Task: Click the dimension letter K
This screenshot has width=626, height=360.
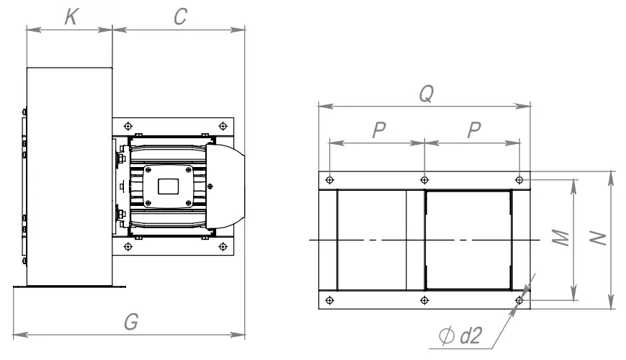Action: (x=70, y=17)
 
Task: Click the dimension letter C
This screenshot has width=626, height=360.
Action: (x=181, y=17)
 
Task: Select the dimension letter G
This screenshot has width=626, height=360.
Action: (x=130, y=322)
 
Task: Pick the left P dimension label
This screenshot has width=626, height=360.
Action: (x=378, y=130)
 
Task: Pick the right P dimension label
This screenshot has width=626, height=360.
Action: (x=473, y=130)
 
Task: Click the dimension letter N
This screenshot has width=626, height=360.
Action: (x=598, y=238)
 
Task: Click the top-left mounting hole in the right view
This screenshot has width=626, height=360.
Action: (x=329, y=179)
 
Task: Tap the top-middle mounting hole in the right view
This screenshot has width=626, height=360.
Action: (x=424, y=179)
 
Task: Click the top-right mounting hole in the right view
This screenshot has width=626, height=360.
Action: (x=520, y=179)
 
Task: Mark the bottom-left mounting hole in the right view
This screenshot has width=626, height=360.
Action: (x=329, y=300)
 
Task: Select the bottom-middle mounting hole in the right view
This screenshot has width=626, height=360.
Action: (x=424, y=300)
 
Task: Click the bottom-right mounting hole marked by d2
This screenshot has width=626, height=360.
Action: (x=520, y=300)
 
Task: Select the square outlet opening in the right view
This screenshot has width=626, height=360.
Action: (x=468, y=240)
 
